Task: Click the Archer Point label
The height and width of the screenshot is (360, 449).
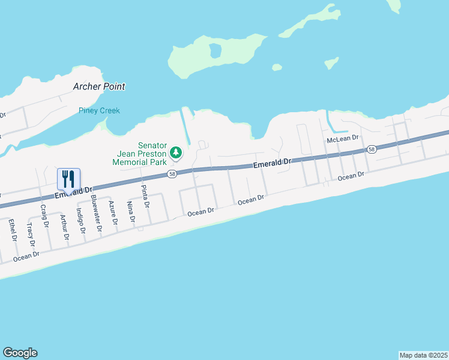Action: coord(99,86)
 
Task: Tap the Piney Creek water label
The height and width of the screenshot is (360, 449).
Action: coord(100,110)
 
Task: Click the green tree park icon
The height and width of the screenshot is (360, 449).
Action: coord(176,153)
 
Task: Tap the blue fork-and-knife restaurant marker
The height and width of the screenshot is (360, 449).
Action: coord(68,179)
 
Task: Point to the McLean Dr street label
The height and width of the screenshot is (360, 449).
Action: coord(342,139)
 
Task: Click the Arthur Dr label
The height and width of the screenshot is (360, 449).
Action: coord(65,228)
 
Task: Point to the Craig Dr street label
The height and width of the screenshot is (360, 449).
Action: coord(44,217)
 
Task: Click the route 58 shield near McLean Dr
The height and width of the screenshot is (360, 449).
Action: coord(372,149)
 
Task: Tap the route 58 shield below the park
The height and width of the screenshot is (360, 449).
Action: coord(172,174)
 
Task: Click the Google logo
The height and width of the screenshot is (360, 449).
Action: coord(20,353)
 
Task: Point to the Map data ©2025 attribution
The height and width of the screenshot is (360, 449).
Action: coord(423,355)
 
